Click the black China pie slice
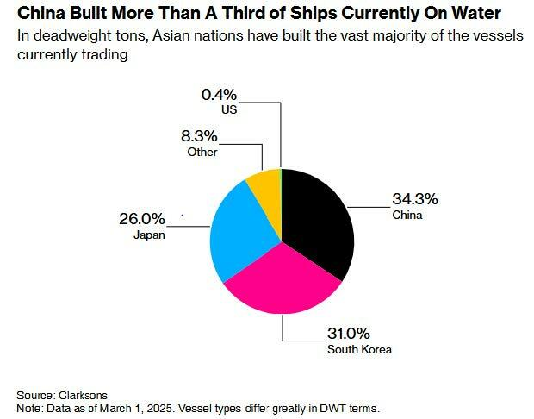click(x=319, y=220)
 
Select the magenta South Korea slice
click(x=280, y=285)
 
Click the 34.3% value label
click(x=415, y=199)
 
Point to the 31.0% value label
click(x=349, y=333)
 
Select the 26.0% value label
click(x=142, y=218)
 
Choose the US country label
click(x=228, y=109)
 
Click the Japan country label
click(x=149, y=234)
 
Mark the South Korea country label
click(x=359, y=349)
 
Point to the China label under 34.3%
click(x=407, y=215)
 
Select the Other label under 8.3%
click(x=202, y=152)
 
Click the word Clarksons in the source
click(x=84, y=394)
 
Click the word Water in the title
click(x=479, y=15)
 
